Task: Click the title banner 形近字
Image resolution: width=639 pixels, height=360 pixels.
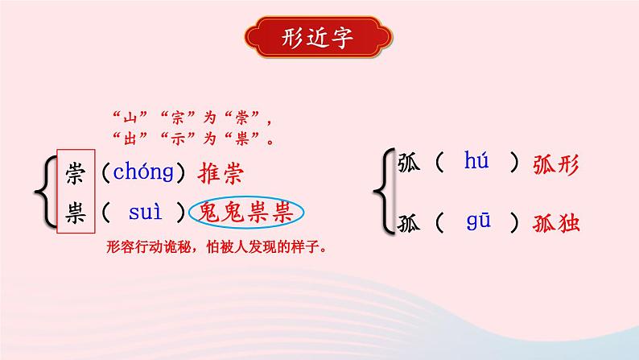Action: pos(319,38)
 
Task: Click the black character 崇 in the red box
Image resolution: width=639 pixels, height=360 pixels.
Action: pos(76,172)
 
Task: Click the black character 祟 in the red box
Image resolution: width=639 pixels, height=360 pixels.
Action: pos(76,213)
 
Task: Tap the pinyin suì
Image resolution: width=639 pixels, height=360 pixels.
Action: pos(146,213)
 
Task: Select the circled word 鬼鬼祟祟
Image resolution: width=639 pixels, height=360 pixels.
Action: pos(246,213)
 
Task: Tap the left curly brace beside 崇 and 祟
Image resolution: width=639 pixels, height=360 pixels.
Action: pos(46,192)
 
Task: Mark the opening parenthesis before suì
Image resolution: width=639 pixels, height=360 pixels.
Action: pos(106,213)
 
